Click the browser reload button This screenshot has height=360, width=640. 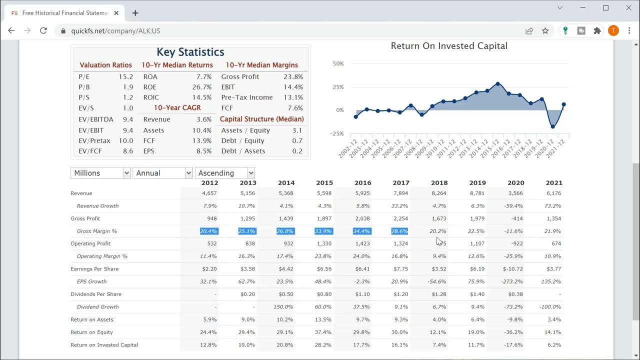point(43,30)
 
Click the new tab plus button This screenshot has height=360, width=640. point(135,13)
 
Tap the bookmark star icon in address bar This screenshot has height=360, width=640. point(545,30)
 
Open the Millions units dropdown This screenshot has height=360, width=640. point(100,173)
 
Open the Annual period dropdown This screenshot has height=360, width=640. point(162,173)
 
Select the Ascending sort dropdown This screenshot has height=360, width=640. point(224,173)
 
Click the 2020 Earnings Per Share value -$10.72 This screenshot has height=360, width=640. point(514,269)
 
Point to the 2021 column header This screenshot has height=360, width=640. point(553,183)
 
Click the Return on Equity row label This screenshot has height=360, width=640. point(91,332)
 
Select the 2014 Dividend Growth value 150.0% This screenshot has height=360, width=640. point(283,307)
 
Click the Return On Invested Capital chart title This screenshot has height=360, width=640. point(448,46)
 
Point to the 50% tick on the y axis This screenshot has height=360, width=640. point(338,64)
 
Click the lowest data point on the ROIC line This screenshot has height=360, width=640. point(552,126)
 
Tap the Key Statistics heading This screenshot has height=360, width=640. point(190,52)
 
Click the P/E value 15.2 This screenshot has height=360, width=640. point(125,77)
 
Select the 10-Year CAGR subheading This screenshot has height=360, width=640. point(177,108)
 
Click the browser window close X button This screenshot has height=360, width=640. point(628,8)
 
